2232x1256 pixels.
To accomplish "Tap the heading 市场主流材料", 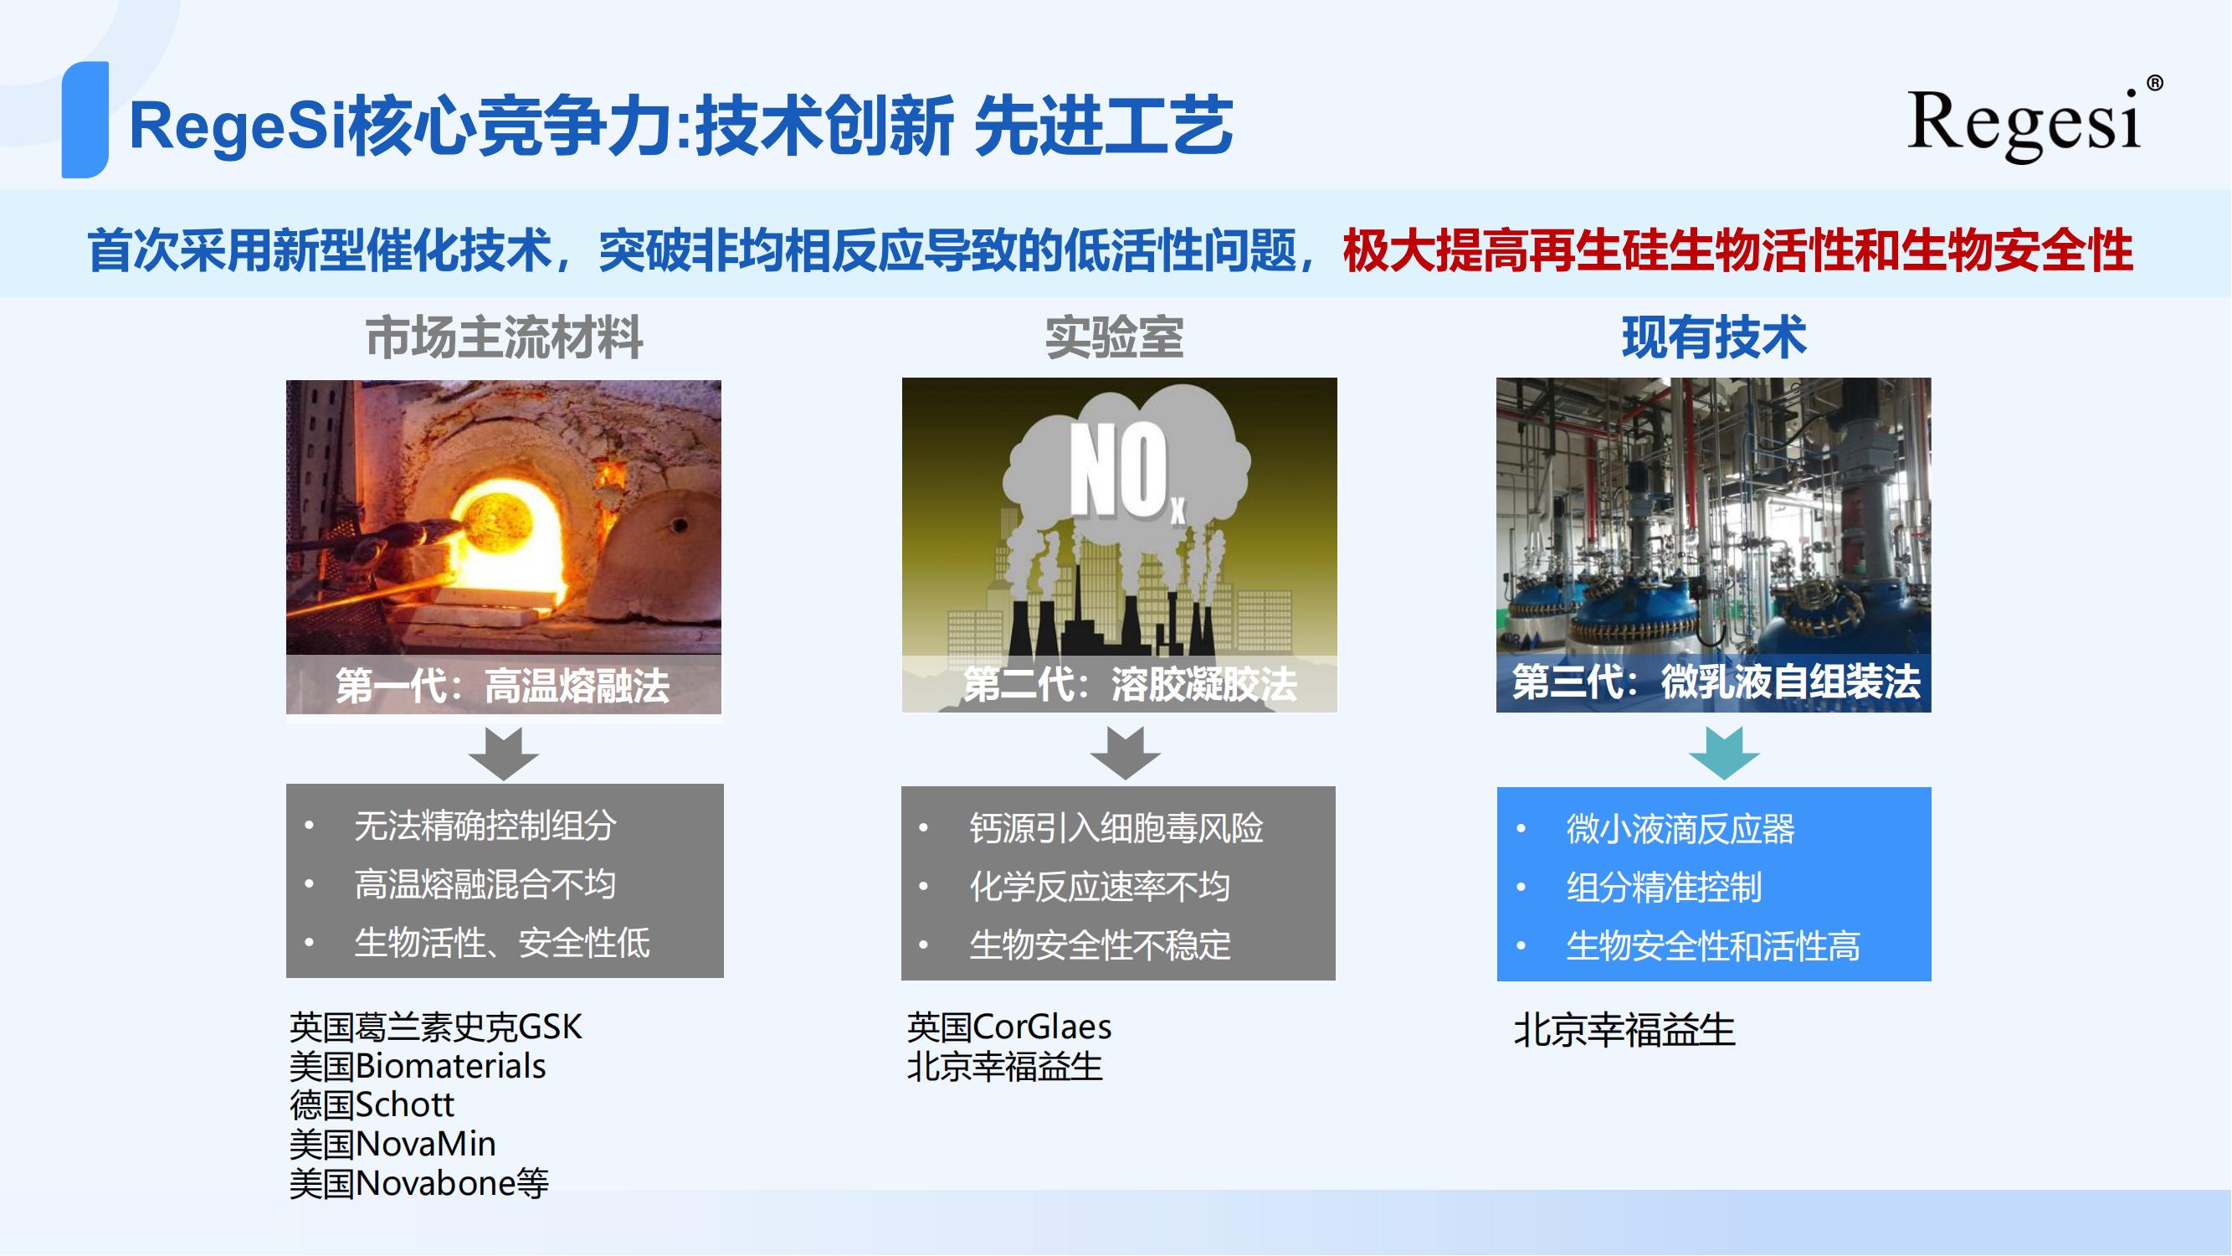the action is click(505, 337).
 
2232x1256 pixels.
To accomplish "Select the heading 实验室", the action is click(1114, 337).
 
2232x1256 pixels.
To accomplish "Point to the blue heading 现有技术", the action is click(1714, 337).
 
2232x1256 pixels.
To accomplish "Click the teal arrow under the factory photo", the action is click(1723, 753).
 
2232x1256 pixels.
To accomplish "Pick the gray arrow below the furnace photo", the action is click(504, 753).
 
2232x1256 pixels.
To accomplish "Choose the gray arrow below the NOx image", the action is click(1125, 753).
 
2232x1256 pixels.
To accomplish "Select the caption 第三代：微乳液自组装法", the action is click(1716, 682).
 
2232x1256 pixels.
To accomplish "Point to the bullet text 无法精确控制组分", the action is click(485, 826).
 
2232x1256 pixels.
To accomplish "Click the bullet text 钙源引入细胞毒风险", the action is click(1116, 829).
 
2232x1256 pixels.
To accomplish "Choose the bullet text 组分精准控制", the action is click(1664, 888).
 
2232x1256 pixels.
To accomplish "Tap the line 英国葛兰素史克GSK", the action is click(436, 1027).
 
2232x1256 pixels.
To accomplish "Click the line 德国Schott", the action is click(372, 1105).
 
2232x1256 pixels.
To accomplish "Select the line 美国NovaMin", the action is click(393, 1144).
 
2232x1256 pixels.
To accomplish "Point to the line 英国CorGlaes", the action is click(1009, 1027).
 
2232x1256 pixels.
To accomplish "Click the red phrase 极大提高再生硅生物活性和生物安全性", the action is click(1738, 251).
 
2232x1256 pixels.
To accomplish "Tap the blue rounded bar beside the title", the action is click(85, 120).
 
